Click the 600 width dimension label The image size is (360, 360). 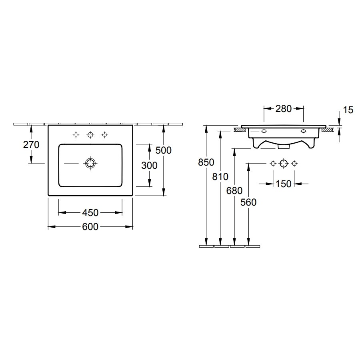coord(90,227)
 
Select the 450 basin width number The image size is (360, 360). coord(90,213)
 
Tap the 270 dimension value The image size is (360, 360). coord(31,145)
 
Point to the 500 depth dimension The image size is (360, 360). coord(164,150)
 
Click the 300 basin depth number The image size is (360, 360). coord(149,166)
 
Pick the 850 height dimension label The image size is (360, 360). coord(206,162)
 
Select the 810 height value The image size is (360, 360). coord(220,177)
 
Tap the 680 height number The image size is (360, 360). coord(234,191)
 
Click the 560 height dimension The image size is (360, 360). coord(248,202)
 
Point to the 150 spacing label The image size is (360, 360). coord(283,184)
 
